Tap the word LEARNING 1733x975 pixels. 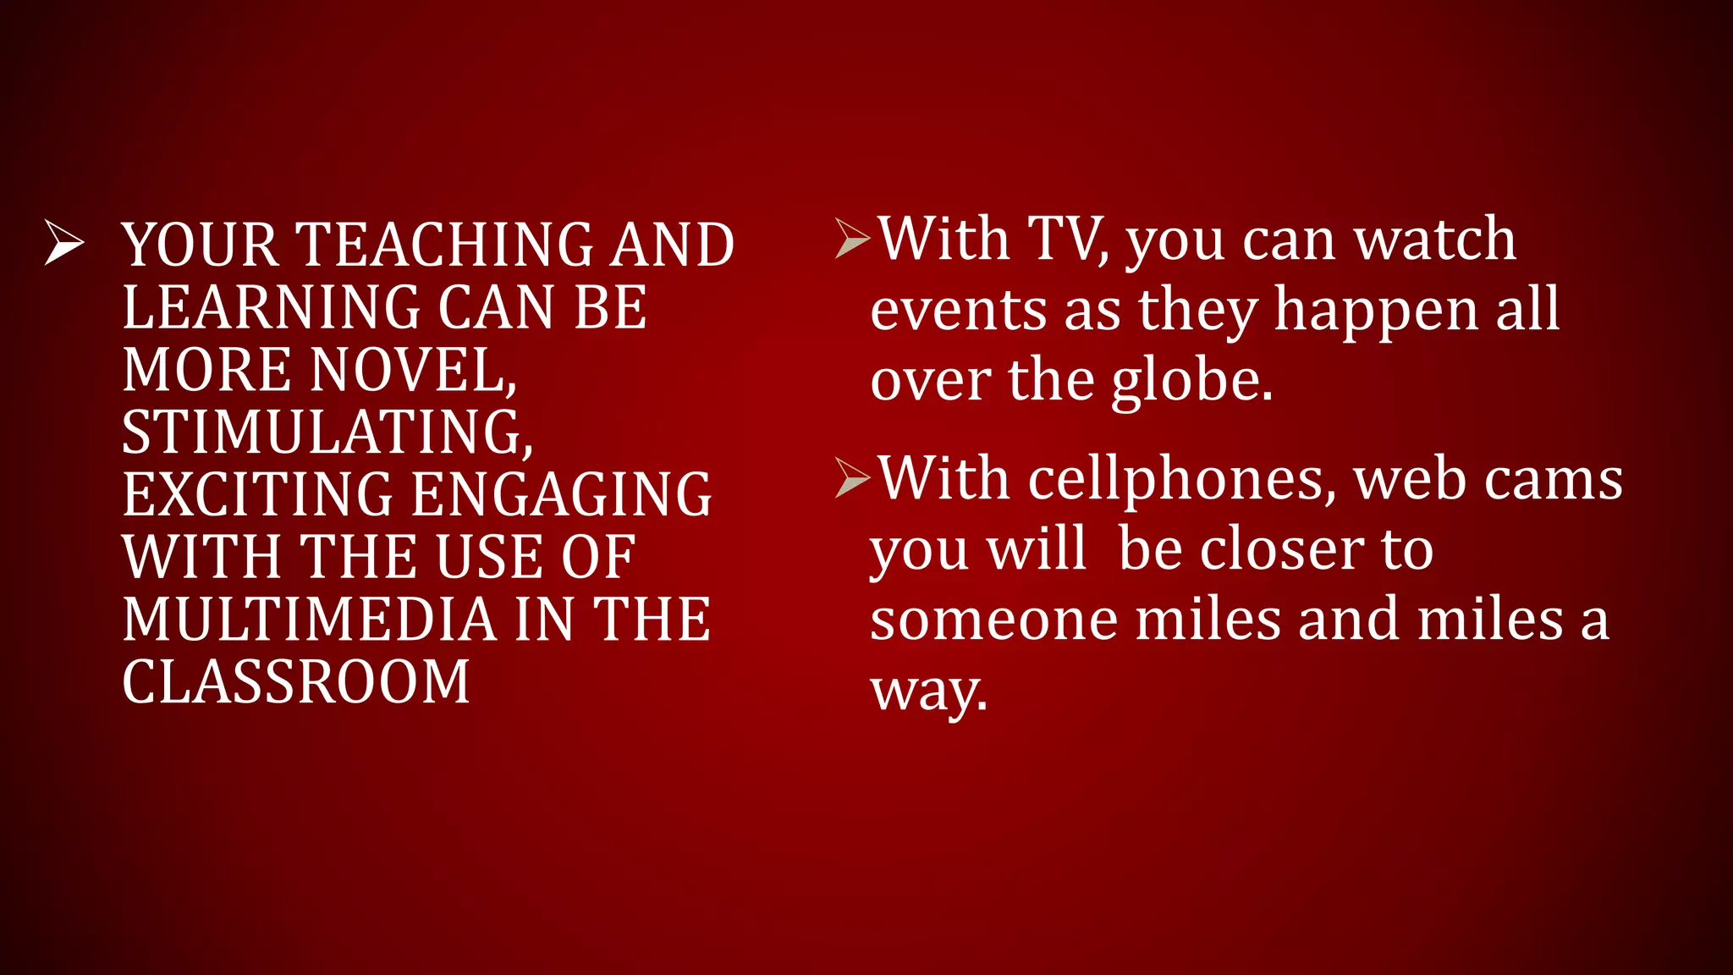[272, 307]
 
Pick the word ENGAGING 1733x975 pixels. [562, 495]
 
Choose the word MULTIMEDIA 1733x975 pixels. [309, 620]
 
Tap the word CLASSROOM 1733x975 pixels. [295, 682]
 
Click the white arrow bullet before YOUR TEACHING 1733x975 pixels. [64, 242]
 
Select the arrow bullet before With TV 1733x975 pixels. [851, 238]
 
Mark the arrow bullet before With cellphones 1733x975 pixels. [851, 477]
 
